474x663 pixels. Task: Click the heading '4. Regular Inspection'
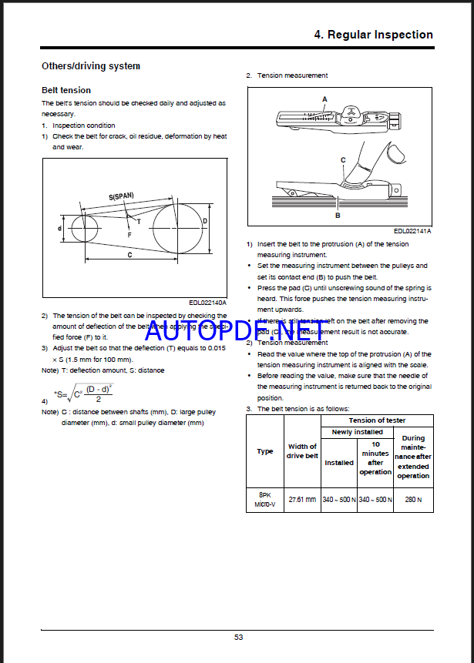coord(373,35)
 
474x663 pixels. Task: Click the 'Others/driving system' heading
coord(90,66)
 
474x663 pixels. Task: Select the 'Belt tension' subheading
coord(66,90)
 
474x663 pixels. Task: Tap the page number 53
coord(239,637)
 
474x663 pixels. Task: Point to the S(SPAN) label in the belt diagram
coord(121,196)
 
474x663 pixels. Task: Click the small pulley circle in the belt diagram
coord(83,229)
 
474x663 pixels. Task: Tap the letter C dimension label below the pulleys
coord(129,254)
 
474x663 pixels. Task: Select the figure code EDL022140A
coord(208,303)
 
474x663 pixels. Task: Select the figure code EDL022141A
coord(412,231)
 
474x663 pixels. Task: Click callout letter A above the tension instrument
coord(324,99)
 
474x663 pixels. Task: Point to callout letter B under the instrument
coord(338,216)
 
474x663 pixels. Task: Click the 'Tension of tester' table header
coord(377,420)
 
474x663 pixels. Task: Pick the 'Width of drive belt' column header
coord(302,451)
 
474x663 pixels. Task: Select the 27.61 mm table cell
coord(302,499)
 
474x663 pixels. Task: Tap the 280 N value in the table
coord(414,499)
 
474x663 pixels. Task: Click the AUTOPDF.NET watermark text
coord(234,330)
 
